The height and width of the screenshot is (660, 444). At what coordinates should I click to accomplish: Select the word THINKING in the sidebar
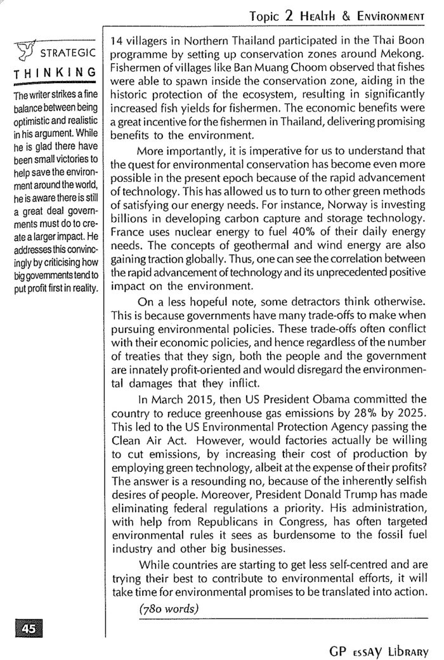(54, 72)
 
